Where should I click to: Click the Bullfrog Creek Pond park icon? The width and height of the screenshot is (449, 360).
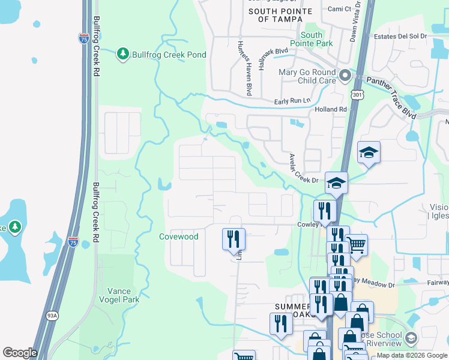click(x=123, y=55)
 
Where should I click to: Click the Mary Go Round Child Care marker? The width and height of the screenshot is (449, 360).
click(x=345, y=76)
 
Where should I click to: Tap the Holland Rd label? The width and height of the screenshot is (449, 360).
click(x=331, y=110)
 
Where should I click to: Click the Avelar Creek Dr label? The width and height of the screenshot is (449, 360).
click(x=304, y=169)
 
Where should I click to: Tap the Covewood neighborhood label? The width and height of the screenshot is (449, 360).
click(x=178, y=236)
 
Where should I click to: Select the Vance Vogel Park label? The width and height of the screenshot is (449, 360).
click(x=119, y=295)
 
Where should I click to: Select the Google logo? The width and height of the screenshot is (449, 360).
click(x=20, y=353)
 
